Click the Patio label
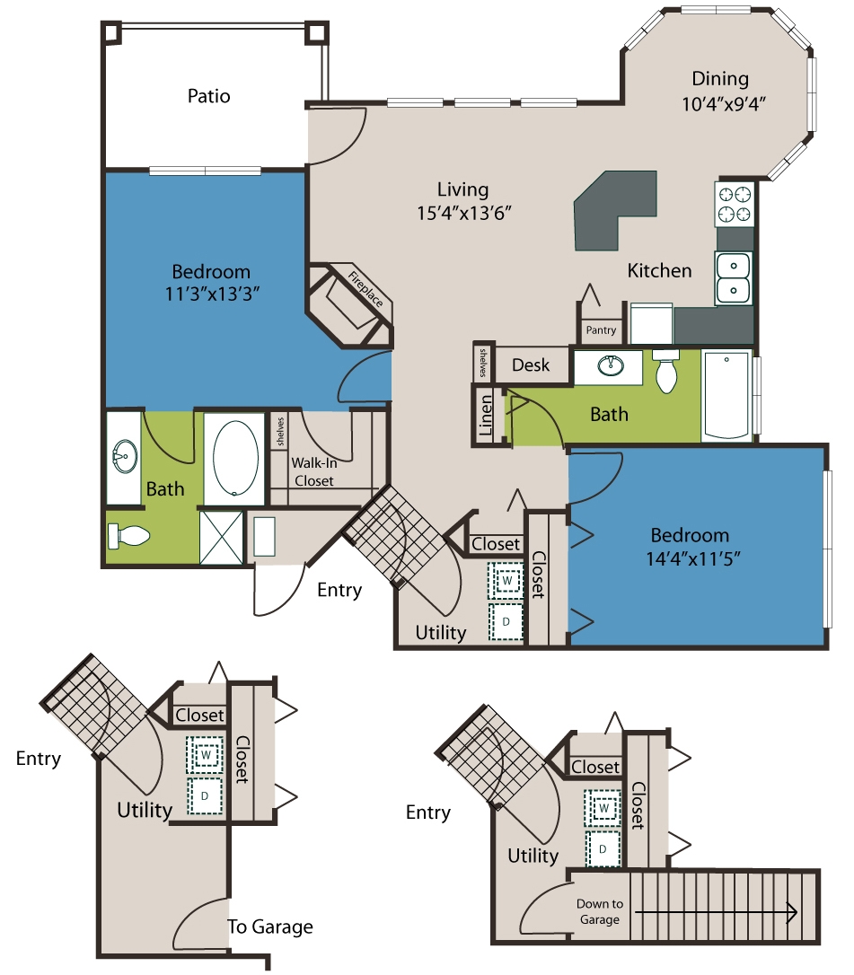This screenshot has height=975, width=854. [x=209, y=96]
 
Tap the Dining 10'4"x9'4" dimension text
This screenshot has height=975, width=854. [x=723, y=103]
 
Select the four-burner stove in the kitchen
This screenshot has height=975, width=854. [x=735, y=204]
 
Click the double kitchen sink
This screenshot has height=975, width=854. [x=734, y=278]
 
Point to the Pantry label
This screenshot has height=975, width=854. [x=601, y=330]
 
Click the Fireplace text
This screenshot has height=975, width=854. [x=365, y=289]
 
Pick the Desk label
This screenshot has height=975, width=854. [x=531, y=365]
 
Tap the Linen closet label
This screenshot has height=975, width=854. [x=485, y=415]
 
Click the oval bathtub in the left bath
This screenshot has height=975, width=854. [x=235, y=458]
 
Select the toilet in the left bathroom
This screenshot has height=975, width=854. [x=128, y=535]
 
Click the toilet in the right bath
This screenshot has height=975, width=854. [x=666, y=371]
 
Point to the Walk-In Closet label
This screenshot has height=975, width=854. [x=314, y=472]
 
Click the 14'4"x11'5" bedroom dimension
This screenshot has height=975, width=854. [x=693, y=558]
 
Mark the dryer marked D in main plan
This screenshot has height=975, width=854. [x=506, y=621]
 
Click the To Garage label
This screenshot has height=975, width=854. [x=270, y=927]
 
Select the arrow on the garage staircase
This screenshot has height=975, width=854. [x=716, y=912]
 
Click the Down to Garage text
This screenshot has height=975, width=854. [x=600, y=911]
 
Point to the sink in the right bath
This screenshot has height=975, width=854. [x=611, y=365]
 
